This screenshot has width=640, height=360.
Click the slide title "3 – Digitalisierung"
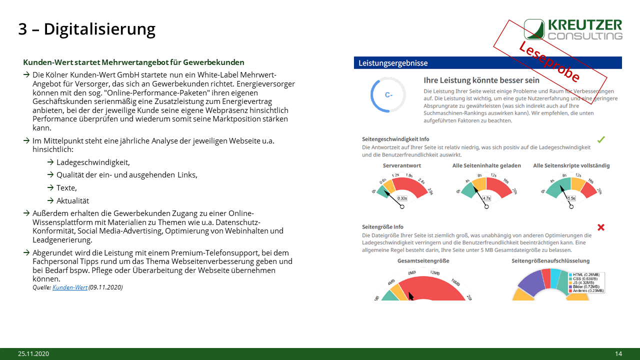click(86, 29)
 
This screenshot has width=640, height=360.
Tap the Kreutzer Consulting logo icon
click(534, 29)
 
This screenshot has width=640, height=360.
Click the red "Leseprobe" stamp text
click(549, 61)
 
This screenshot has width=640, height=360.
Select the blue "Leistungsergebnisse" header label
click(393, 63)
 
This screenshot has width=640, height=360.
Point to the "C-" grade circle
click(388, 94)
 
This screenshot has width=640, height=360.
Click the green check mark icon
click(601, 139)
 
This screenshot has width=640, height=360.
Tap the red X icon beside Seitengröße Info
click(601, 227)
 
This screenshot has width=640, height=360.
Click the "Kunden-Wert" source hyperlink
click(70, 287)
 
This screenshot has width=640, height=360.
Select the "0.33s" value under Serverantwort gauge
click(401, 198)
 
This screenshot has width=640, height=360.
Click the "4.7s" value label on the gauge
click(485, 198)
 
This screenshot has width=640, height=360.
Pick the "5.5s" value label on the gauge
click(571, 198)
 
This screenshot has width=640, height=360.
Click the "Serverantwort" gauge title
click(402, 165)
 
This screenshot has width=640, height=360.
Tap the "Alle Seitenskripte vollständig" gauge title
click(571, 165)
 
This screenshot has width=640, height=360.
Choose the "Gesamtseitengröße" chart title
click(423, 260)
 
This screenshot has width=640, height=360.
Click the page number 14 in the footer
click(618, 354)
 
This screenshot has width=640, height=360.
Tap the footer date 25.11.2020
click(33, 354)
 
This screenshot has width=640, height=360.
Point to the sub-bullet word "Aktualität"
click(72, 200)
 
